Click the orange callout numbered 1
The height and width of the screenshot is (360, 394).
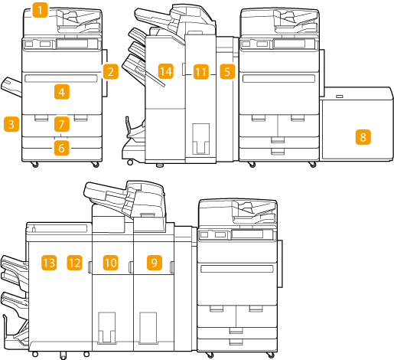click(x=40, y=10)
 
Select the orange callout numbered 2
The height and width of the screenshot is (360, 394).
click(x=110, y=71)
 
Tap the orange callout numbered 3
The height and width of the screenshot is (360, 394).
click(x=11, y=124)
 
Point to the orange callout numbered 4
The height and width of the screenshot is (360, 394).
click(x=62, y=92)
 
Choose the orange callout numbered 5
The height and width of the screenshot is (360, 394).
click(x=227, y=71)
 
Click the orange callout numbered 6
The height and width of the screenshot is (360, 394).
click(x=61, y=148)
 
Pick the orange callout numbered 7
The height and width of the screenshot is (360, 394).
click(x=62, y=124)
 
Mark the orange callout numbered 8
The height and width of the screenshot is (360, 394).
click(x=363, y=137)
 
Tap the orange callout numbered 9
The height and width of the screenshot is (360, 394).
click(x=155, y=263)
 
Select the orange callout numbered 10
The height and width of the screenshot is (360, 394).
click(x=111, y=263)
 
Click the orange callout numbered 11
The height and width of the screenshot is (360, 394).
click(x=201, y=72)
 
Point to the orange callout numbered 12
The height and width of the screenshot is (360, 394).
click(x=74, y=263)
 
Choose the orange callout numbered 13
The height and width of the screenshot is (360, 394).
click(x=49, y=263)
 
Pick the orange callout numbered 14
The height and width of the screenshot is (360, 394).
click(x=166, y=71)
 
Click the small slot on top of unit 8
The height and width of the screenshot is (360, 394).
click(x=340, y=97)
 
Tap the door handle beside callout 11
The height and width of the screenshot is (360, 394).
click(x=184, y=69)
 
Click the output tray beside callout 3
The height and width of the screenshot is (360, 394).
click(x=11, y=87)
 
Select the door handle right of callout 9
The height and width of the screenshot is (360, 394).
click(x=171, y=267)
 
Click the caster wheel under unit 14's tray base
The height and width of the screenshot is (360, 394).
click(x=130, y=162)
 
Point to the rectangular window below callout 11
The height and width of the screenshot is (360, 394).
click(x=201, y=139)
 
